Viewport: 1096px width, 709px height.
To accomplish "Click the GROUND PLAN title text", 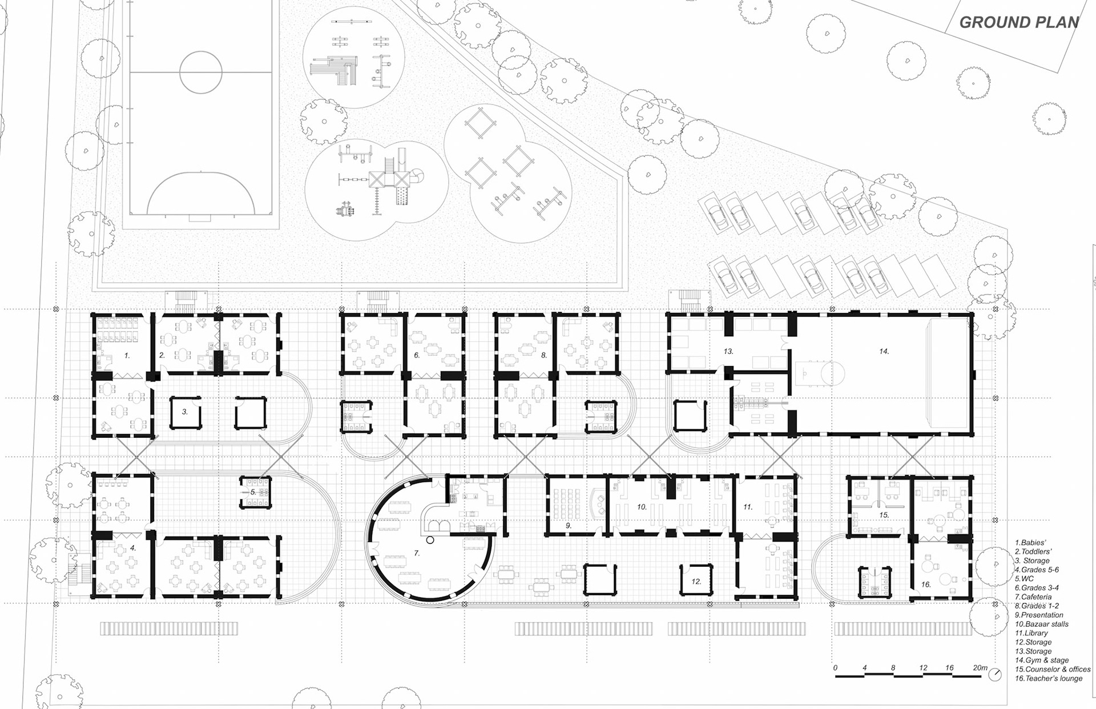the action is (1019, 22).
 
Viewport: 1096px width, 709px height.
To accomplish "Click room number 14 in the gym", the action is (884, 352).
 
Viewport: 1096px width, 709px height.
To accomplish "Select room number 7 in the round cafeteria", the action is (417, 553).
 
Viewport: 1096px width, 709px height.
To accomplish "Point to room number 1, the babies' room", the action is (127, 355).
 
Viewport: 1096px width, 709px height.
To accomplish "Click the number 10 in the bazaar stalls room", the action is (642, 506).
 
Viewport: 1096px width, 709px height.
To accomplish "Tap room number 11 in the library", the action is (748, 506).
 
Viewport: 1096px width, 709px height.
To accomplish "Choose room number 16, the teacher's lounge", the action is (926, 584).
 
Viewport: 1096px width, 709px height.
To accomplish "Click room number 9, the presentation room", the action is (569, 525).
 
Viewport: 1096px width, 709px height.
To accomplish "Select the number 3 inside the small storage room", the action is (185, 411).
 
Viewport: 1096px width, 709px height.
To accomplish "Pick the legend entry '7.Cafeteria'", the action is (1033, 597).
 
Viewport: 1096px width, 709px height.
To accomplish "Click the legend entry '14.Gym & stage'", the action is (1042, 660).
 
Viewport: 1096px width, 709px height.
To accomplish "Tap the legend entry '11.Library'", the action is (1031, 633).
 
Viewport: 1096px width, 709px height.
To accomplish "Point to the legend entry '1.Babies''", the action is (1030, 542).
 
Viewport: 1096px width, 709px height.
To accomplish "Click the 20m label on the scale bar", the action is (980, 667).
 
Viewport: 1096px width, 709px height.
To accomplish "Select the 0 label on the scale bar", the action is (836, 667).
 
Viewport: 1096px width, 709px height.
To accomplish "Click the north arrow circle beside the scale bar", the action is (995, 674).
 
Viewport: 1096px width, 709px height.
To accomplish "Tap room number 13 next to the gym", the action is (728, 352).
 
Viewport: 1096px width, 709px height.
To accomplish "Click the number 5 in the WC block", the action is (253, 492).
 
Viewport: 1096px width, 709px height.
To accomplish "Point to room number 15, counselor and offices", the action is (884, 515).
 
